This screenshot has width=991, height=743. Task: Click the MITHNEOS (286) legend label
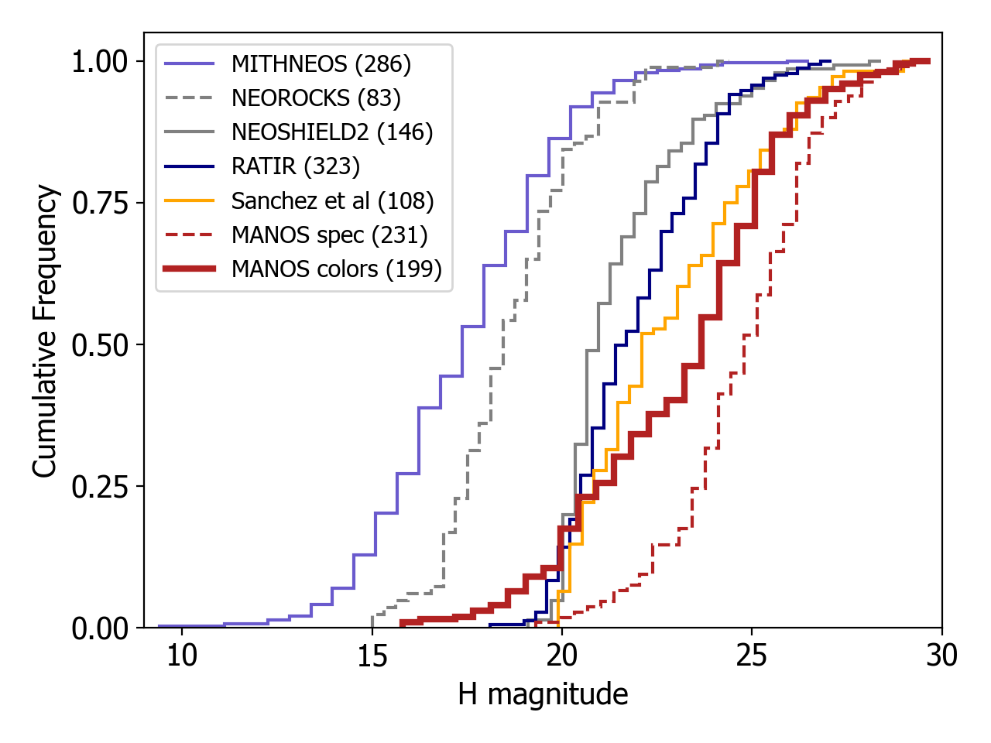pyautogui.click(x=321, y=64)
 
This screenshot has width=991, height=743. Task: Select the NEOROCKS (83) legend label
pyautogui.click(x=316, y=98)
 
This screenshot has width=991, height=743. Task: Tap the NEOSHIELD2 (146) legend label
pyautogui.click(x=332, y=132)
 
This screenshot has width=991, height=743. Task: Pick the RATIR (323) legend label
pyautogui.click(x=296, y=166)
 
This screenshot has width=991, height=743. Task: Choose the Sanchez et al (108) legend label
pyautogui.click(x=332, y=201)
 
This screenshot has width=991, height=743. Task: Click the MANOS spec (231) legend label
pyautogui.click(x=329, y=235)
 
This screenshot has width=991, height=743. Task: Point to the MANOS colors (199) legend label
pyautogui.click(x=337, y=269)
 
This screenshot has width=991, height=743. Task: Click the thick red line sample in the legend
pyautogui.click(x=190, y=269)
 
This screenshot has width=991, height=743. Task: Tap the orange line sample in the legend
pyautogui.click(x=190, y=201)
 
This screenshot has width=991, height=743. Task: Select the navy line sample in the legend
pyautogui.click(x=190, y=166)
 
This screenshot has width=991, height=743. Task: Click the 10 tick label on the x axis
pyautogui.click(x=182, y=656)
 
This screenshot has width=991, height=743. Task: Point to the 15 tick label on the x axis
pyautogui.click(x=372, y=656)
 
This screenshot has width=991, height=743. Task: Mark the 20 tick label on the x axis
pyautogui.click(x=561, y=656)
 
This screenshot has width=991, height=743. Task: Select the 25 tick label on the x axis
pyautogui.click(x=751, y=656)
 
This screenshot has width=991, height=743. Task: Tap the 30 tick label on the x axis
pyautogui.click(x=941, y=656)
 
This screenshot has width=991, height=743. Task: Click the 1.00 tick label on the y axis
pyautogui.click(x=99, y=62)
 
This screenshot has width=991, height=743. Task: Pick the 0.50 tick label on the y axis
pyautogui.click(x=99, y=345)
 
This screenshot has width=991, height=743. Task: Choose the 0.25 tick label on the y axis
pyautogui.click(x=99, y=487)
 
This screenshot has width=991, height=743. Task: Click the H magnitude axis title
pyautogui.click(x=543, y=694)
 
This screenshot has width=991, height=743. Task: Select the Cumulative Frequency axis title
pyautogui.click(x=46, y=330)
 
